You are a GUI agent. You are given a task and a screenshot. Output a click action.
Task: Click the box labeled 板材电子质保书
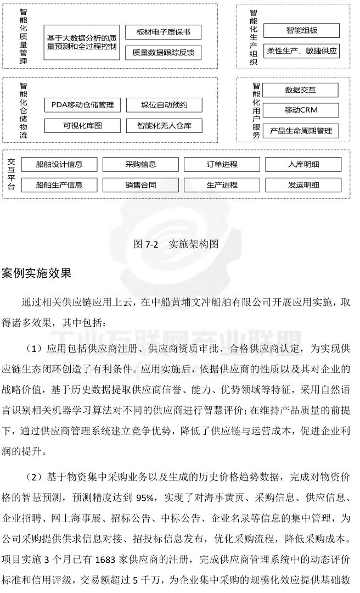[x=164, y=32]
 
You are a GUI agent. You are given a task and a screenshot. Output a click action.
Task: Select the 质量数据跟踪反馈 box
[x=164, y=53]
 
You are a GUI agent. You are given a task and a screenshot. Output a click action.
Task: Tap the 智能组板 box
[x=301, y=30]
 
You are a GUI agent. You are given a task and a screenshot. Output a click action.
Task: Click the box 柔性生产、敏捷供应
[x=301, y=52]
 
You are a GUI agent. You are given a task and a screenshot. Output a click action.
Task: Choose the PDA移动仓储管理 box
[x=82, y=104]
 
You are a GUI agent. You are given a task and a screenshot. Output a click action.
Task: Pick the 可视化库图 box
[x=82, y=126]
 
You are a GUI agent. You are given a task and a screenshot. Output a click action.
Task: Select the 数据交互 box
[x=300, y=89]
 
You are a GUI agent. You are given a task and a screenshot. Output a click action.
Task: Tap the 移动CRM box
[x=300, y=110]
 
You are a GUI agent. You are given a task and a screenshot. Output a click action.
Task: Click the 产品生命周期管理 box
[x=300, y=131]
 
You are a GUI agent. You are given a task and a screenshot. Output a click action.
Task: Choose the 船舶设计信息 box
[x=59, y=164]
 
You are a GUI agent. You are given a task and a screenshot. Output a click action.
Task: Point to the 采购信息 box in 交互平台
[x=141, y=164]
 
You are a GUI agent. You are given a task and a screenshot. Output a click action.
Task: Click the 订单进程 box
[x=222, y=164]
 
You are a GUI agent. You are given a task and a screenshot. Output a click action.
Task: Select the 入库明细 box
[x=303, y=164]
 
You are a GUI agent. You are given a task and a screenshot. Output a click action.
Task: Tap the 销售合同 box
[x=141, y=185]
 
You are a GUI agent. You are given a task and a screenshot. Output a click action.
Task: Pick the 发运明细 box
[x=303, y=185]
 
